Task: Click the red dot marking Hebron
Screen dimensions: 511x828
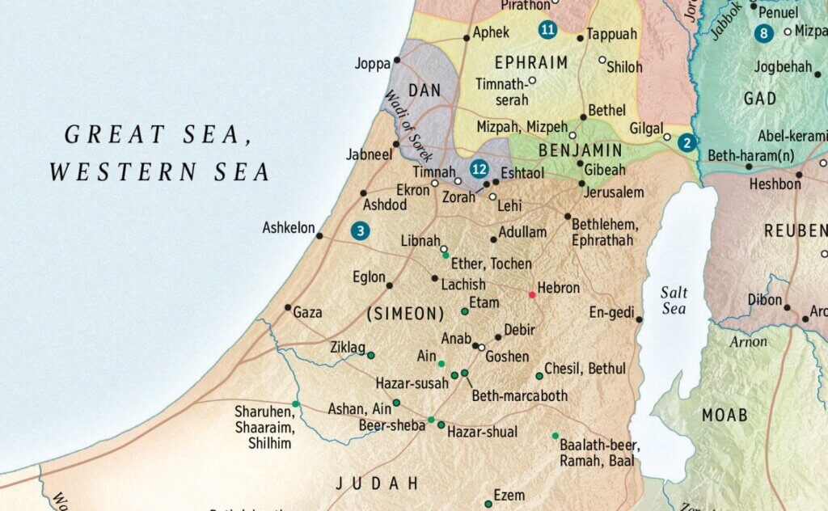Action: (x=532, y=294)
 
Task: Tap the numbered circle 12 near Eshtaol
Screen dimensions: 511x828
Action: (x=479, y=170)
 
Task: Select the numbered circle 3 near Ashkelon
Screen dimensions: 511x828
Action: (x=361, y=231)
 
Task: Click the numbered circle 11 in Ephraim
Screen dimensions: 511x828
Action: (x=547, y=32)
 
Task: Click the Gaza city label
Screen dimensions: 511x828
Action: (x=307, y=312)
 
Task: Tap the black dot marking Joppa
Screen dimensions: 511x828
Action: (x=397, y=61)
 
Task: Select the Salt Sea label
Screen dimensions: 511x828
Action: (x=673, y=300)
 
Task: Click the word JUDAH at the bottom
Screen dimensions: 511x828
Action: (x=378, y=484)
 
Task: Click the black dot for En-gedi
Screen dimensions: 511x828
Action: (x=639, y=319)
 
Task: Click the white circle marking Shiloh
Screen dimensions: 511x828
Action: (x=602, y=60)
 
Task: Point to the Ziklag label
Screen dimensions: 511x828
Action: (x=348, y=347)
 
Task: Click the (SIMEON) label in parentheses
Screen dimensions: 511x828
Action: (x=405, y=314)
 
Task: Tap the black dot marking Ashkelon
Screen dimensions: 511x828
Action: (x=319, y=236)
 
